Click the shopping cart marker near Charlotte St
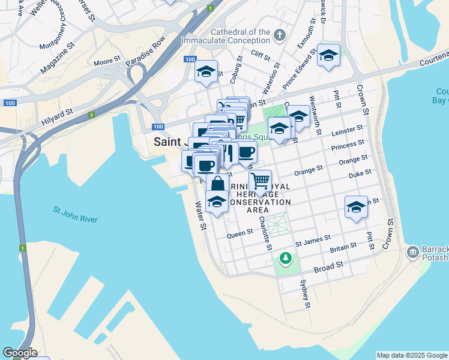(260, 181)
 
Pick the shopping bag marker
(217, 184)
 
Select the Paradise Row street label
(145, 53)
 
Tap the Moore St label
(107, 62)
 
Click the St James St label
(313, 241)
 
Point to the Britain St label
(343, 247)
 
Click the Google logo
(20, 353)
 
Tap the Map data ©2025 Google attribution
(411, 355)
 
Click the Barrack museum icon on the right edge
(413, 251)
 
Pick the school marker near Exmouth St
(328, 56)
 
